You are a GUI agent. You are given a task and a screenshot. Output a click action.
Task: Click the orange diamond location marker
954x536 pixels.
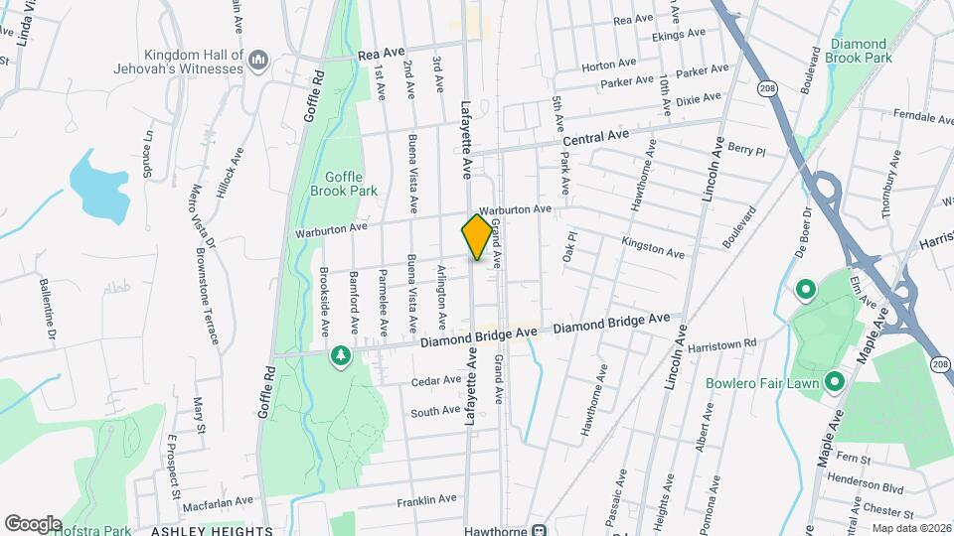478,236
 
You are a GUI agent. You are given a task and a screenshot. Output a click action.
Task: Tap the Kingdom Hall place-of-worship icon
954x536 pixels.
259,61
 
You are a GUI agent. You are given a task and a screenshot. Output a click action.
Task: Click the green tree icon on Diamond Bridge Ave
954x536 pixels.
341,355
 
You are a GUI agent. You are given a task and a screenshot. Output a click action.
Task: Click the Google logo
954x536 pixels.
33,523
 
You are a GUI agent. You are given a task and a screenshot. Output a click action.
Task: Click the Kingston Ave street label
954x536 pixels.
653,248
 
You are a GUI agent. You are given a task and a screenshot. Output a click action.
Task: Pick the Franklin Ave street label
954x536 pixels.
425,501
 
